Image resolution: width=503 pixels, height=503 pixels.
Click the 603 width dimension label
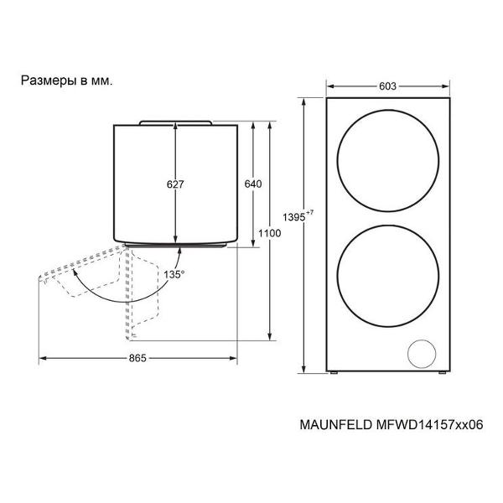click(x=387, y=86)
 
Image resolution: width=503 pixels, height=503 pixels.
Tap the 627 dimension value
click(x=175, y=184)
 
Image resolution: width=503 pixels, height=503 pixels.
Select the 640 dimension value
click(x=253, y=184)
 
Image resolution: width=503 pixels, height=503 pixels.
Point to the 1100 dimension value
click(x=269, y=233)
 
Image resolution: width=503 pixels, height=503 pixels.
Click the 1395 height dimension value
click(x=294, y=217)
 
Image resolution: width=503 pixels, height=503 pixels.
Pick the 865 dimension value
click(x=137, y=358)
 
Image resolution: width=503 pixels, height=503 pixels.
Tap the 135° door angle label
click(x=174, y=275)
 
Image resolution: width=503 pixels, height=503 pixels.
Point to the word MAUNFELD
click(x=335, y=425)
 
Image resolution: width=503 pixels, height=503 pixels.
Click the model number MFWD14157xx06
click(x=428, y=425)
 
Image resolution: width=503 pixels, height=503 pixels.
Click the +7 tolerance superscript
click(x=310, y=212)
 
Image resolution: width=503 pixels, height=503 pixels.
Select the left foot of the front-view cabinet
click(x=333, y=373)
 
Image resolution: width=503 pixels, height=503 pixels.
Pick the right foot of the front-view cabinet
click(x=443, y=373)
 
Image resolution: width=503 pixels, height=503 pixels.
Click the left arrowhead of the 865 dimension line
click(x=43, y=358)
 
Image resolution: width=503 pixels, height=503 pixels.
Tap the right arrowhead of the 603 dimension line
click(x=446, y=86)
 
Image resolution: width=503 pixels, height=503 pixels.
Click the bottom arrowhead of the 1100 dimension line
click(x=270, y=336)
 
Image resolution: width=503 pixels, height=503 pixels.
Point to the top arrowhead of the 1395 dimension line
click(x=303, y=102)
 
